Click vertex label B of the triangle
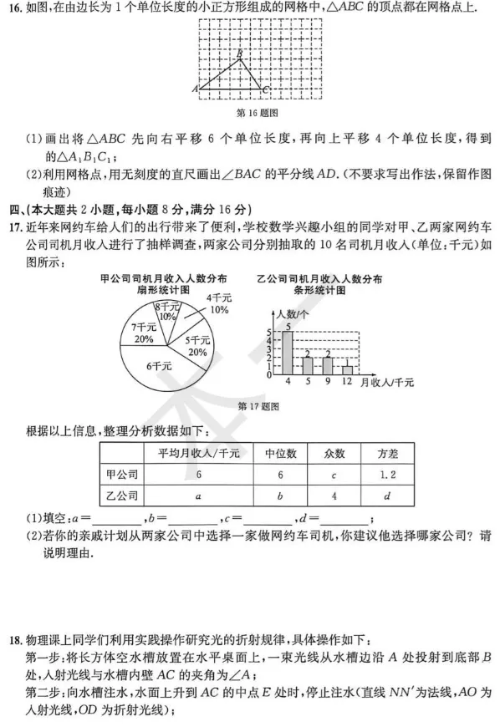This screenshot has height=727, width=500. (x=240, y=52)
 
